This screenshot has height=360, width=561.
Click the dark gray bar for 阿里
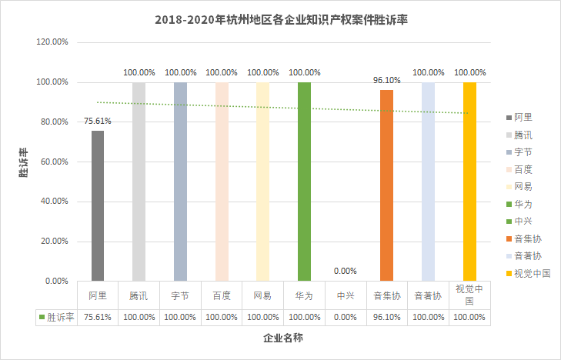(98, 205)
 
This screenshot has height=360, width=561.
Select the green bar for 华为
(304, 181)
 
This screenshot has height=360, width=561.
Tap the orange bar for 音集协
(386, 185)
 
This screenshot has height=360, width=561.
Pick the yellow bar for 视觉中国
(469, 181)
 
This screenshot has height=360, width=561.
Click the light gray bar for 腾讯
(139, 181)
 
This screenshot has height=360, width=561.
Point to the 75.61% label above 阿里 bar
(98, 121)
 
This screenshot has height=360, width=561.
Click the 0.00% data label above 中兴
(346, 271)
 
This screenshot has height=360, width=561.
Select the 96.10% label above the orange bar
(386, 80)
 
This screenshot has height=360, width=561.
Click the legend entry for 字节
(523, 152)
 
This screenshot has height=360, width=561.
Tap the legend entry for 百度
(523, 169)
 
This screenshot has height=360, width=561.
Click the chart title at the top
(280, 19)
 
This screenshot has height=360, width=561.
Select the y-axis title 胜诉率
(23, 162)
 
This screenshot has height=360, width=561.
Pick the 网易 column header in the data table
(262, 295)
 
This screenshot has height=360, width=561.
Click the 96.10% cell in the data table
(386, 317)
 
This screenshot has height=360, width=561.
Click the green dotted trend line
(231, 105)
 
